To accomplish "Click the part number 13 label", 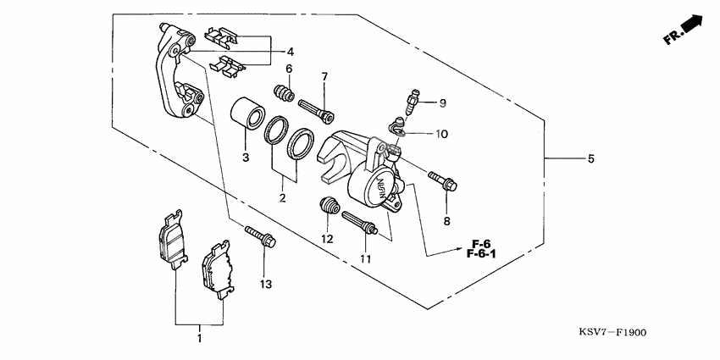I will (266, 285).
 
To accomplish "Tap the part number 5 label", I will (590, 158).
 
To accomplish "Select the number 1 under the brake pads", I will (200, 340).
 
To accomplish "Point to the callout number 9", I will (442, 103).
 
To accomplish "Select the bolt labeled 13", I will (260, 236).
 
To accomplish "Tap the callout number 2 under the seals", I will (284, 198).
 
